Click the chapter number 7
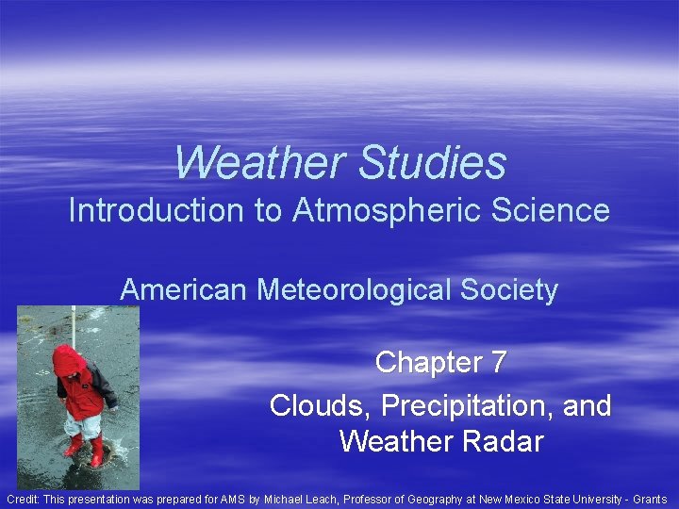click(x=498, y=362)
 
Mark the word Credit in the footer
click(x=25, y=499)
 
